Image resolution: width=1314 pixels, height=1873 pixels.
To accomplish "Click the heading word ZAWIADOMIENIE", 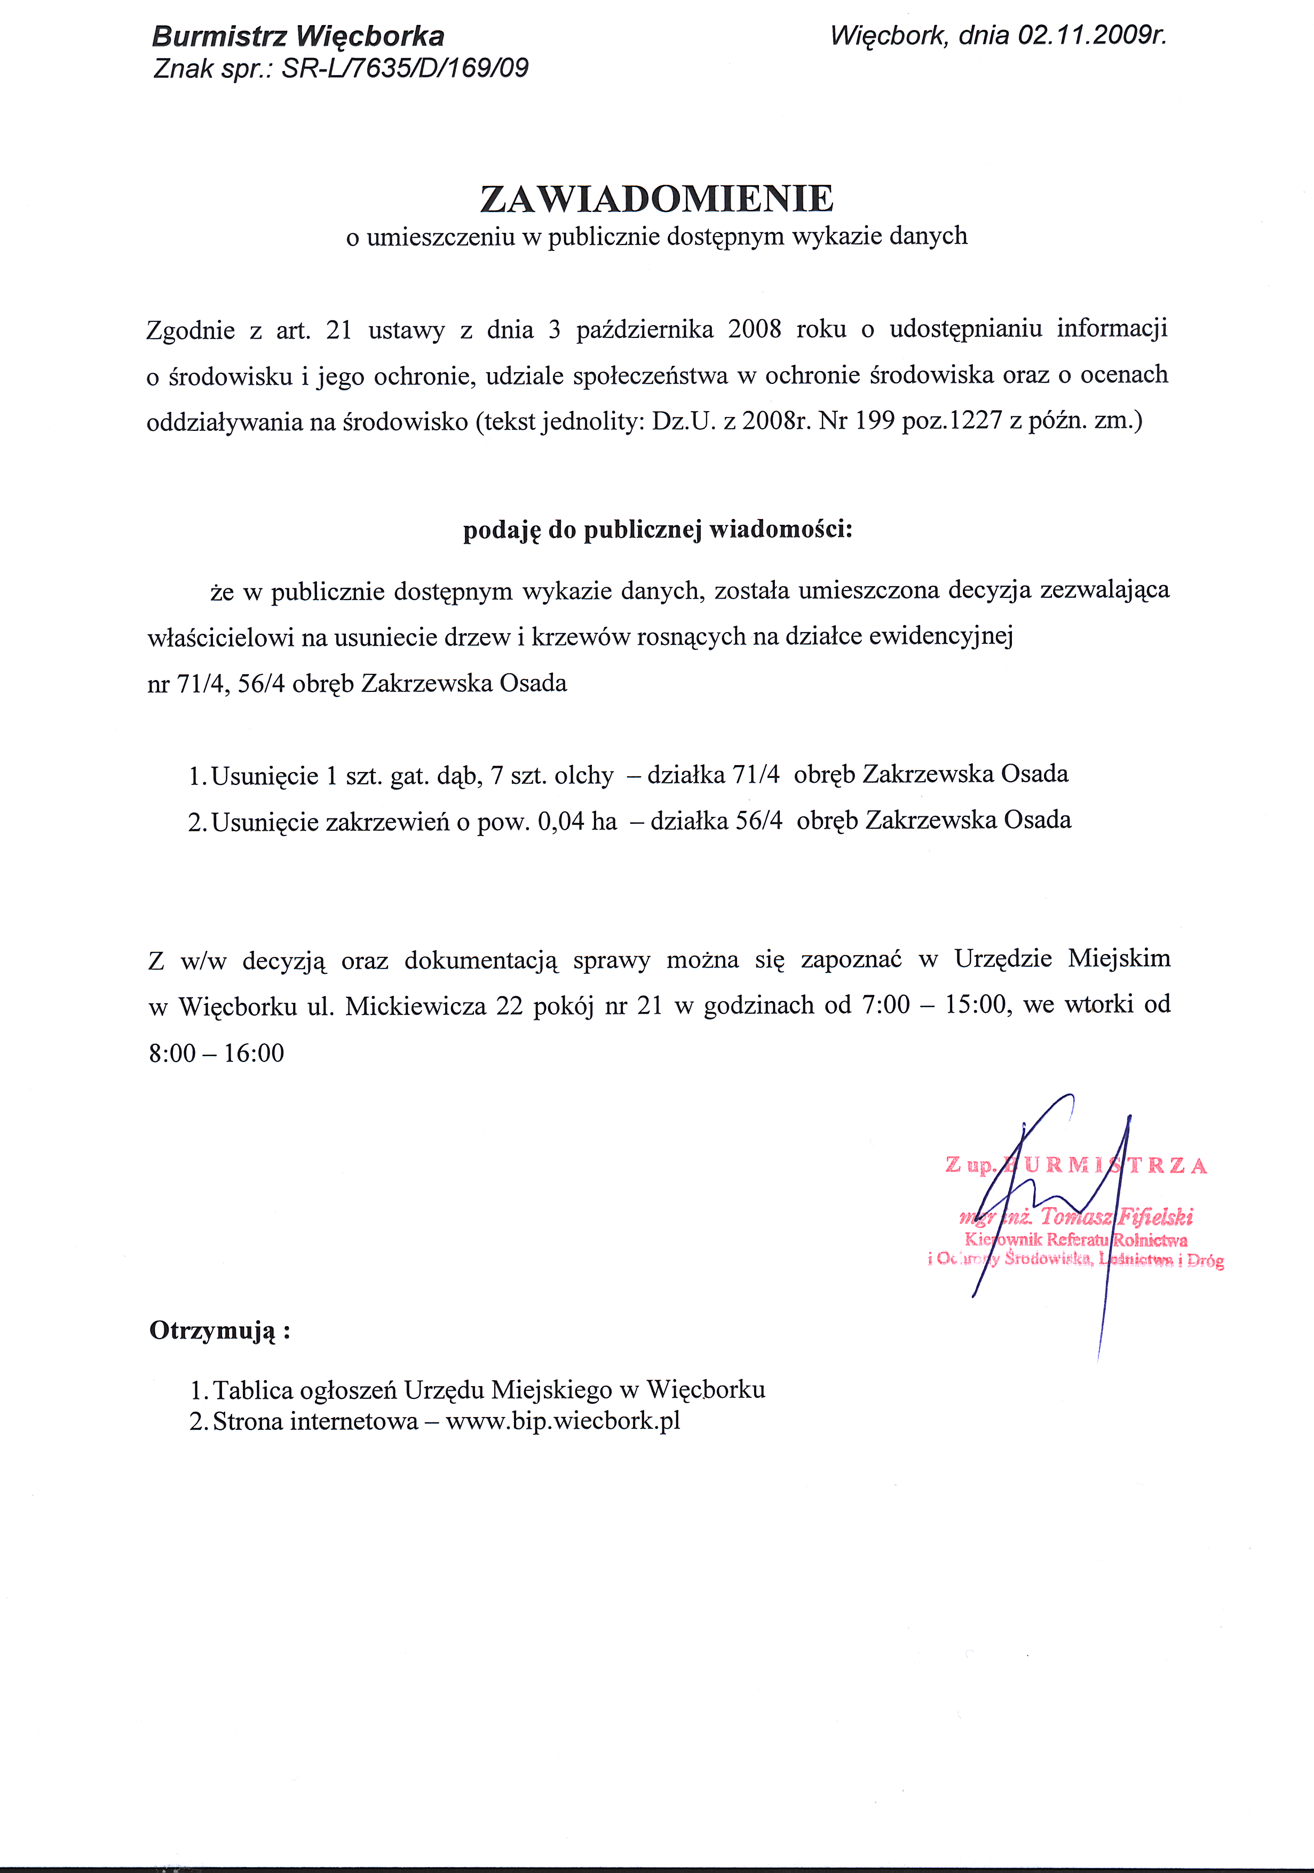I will click(x=656, y=198).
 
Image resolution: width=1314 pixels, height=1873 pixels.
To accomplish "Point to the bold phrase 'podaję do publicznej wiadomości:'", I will click(x=658, y=530).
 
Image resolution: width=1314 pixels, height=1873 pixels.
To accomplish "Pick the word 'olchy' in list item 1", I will click(x=583, y=775).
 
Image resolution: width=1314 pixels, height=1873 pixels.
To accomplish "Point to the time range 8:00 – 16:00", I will click(x=216, y=1053).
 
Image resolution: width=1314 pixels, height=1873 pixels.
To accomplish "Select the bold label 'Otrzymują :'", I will click(x=220, y=1331).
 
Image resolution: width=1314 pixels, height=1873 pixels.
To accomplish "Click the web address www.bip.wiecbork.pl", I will click(x=563, y=1421).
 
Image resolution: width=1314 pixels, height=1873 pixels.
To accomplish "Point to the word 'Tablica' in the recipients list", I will click(x=253, y=1389).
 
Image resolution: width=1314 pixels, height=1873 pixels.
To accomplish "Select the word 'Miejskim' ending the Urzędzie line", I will click(x=1119, y=958).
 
